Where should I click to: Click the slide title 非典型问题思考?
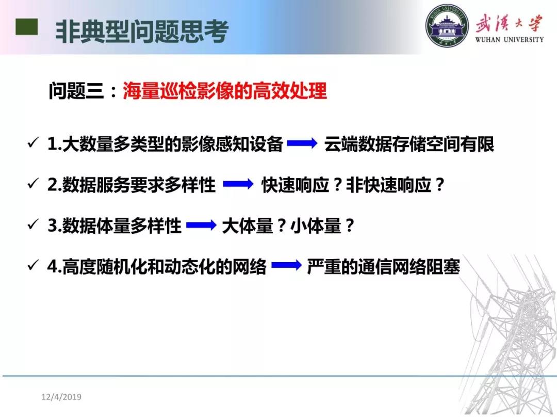(x=142, y=31)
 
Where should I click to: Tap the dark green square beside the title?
(x=27, y=27)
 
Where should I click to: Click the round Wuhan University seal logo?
(x=447, y=26)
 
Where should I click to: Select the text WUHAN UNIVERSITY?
(x=510, y=39)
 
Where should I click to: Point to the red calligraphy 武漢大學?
(x=510, y=23)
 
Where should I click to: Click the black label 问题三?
(x=76, y=91)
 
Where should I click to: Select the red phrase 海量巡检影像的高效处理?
(x=224, y=91)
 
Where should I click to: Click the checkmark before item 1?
(x=33, y=143)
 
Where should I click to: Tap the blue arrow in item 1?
(x=302, y=143)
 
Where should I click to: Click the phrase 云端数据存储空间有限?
(x=409, y=144)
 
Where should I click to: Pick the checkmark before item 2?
(x=33, y=184)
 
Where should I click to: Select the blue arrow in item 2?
(x=238, y=184)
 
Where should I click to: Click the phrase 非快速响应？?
(x=396, y=185)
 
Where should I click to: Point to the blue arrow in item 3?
(x=201, y=225)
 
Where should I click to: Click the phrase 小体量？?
(x=322, y=226)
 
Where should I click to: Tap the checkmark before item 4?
(x=33, y=265)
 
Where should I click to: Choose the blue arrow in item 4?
(x=286, y=266)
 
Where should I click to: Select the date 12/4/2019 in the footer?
(x=61, y=397)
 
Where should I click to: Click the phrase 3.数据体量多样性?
(x=114, y=226)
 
